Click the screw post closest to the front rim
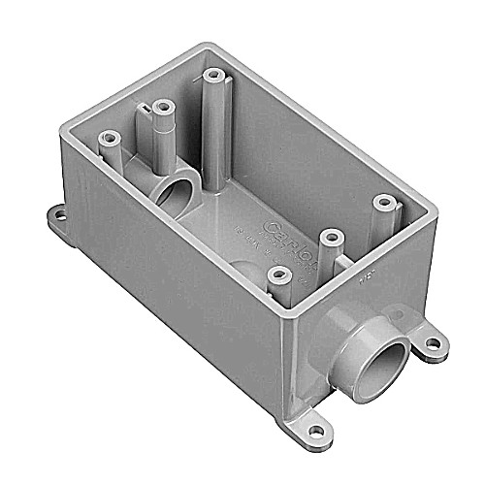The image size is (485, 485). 282,276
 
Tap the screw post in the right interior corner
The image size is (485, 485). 385,203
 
